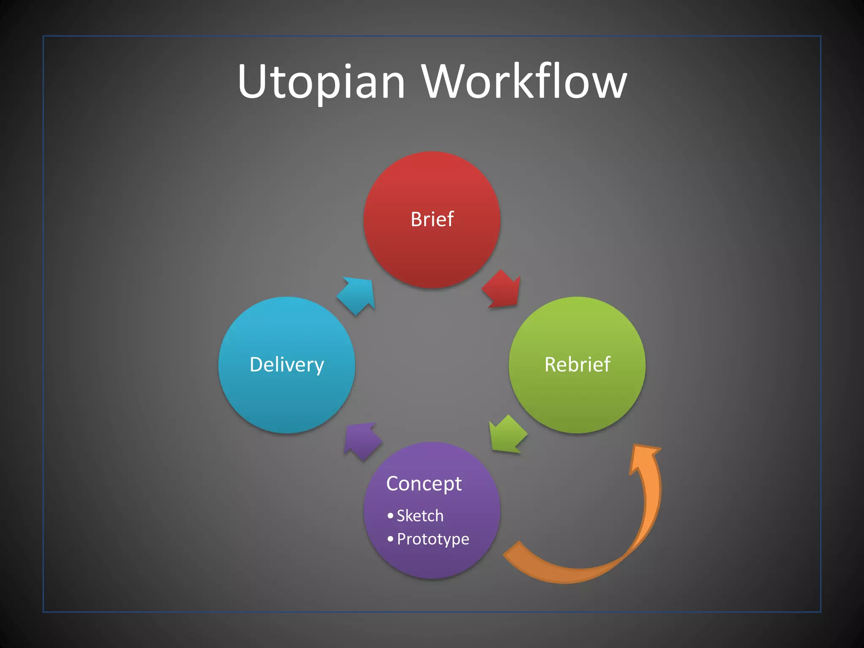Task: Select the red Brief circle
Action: [432, 253]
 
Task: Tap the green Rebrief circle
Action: [577, 397]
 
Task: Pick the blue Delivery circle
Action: [287, 401]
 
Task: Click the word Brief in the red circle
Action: [432, 219]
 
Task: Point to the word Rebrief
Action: [577, 364]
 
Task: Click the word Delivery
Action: [287, 364]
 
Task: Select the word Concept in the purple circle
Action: [424, 484]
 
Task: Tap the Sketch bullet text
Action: [420, 516]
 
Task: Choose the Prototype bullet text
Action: [433, 539]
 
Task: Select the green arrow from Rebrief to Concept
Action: [508, 435]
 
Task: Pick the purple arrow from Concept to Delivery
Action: [362, 440]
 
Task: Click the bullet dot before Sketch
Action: [390, 516]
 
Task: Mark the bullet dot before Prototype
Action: [390, 539]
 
